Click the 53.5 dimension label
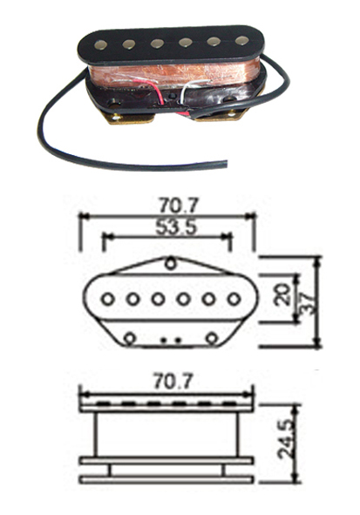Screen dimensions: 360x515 [176, 227]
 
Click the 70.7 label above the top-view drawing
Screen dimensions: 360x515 [180, 207]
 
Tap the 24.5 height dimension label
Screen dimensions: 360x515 [285, 440]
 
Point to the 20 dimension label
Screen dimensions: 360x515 [282, 295]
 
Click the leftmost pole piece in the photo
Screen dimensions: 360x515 [99, 45]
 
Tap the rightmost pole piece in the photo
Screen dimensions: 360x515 [242, 40]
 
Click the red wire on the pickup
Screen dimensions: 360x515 [157, 92]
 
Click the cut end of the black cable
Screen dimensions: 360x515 [226, 164]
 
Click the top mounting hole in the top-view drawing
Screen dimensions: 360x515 [170, 264]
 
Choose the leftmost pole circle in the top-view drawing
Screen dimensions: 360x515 [107, 299]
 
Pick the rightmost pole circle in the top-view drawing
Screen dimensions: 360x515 [234, 299]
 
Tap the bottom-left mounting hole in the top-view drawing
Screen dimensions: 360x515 [131, 337]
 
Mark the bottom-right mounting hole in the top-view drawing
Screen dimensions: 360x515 [213, 337]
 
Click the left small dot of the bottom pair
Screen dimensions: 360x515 [165, 340]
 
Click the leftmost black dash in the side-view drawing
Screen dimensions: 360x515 [103, 403]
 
